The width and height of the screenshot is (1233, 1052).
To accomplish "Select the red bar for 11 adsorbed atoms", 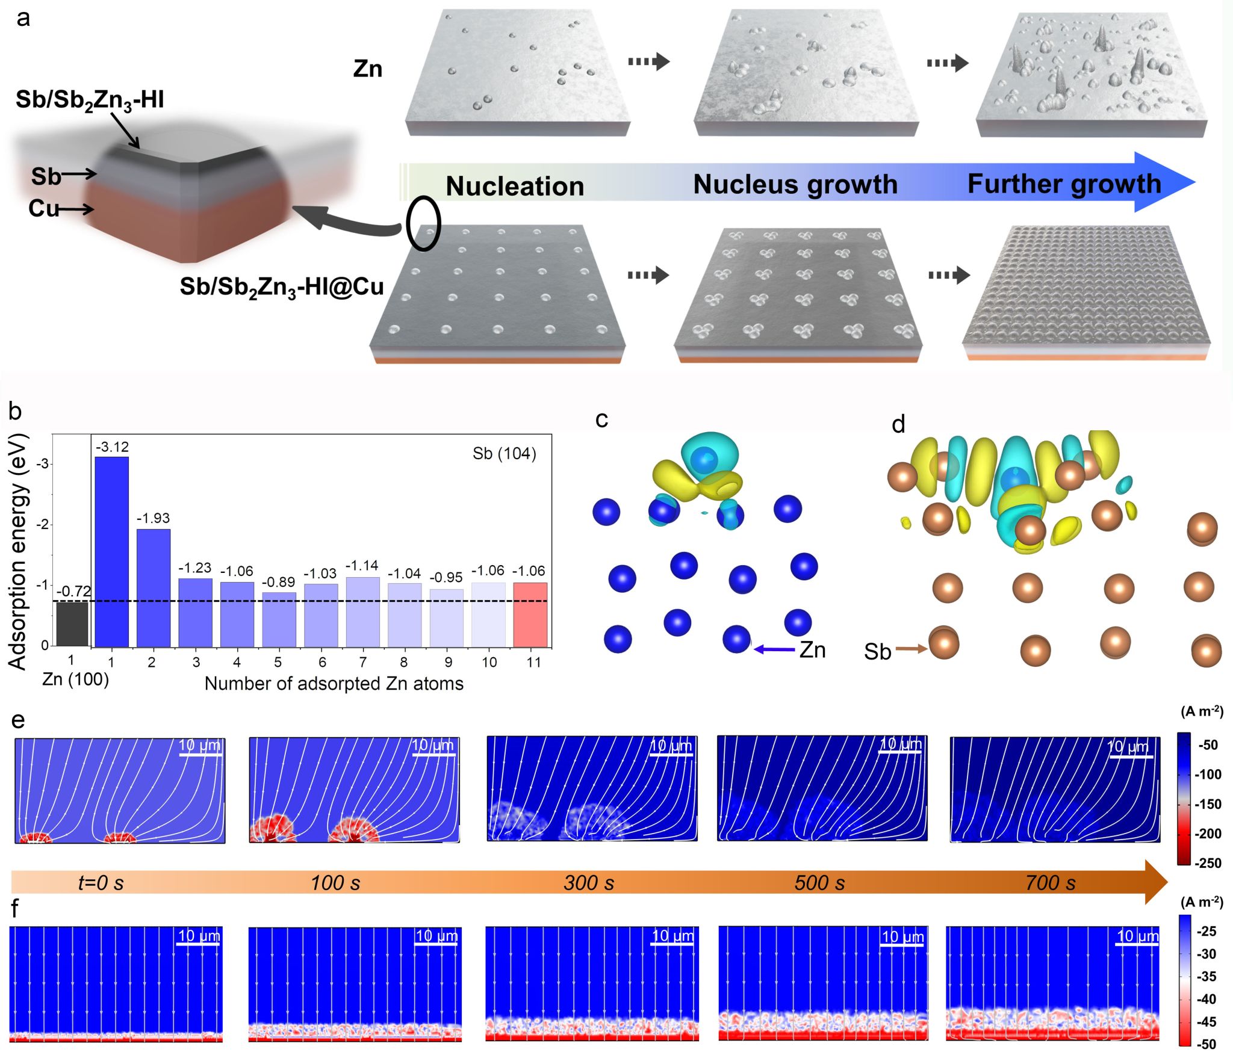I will (x=530, y=614).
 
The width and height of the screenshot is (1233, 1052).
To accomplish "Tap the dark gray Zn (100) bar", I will (x=72, y=624).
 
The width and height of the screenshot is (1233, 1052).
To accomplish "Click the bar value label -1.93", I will (x=154, y=518).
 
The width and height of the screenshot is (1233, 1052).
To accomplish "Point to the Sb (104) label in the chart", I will (x=504, y=454).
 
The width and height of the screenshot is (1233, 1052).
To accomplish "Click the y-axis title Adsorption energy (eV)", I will (x=18, y=551).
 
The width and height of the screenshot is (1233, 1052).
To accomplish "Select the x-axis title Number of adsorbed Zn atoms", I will (x=334, y=684).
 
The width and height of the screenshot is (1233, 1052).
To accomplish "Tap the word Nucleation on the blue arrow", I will (x=515, y=186).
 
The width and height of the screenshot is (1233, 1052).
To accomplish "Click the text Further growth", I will (x=1064, y=184).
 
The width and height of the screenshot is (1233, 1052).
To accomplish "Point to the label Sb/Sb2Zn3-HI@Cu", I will (x=282, y=287).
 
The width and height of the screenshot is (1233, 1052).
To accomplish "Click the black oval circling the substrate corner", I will (x=423, y=223).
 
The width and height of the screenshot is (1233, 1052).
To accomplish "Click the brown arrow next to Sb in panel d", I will (x=912, y=649).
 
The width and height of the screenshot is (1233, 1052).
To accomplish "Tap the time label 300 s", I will (x=589, y=883).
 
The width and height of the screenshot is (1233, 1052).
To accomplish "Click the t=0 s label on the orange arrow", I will (x=101, y=883).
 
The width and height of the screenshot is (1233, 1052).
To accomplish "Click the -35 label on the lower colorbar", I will (x=1207, y=976).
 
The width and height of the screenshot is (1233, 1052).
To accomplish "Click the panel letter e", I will (x=18, y=720).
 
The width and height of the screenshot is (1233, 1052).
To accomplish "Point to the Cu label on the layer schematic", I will (x=43, y=208).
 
